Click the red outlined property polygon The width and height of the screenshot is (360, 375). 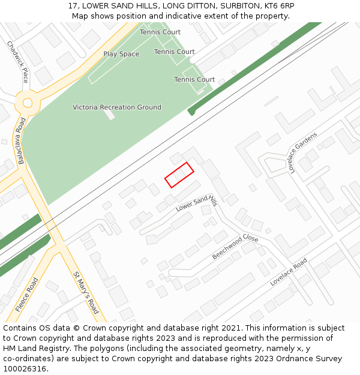[179, 175]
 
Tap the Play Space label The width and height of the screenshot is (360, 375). [121, 54]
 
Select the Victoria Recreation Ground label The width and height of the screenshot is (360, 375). [117, 107]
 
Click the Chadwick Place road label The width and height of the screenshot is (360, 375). [18, 62]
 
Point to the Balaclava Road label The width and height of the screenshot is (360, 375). [22, 140]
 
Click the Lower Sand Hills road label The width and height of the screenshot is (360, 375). [196, 203]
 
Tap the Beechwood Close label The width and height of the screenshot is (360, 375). [235, 247]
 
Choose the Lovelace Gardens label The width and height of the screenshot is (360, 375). [302, 152]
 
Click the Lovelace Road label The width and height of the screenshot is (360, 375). [289, 271]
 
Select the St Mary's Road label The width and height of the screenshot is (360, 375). [86, 292]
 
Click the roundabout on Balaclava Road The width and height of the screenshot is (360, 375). [27, 103]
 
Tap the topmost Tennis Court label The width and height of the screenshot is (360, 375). [160, 32]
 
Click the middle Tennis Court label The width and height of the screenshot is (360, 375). [175, 52]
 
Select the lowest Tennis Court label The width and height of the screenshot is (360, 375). [194, 79]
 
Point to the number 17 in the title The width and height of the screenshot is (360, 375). [73, 6]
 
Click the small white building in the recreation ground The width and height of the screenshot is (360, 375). [109, 113]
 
